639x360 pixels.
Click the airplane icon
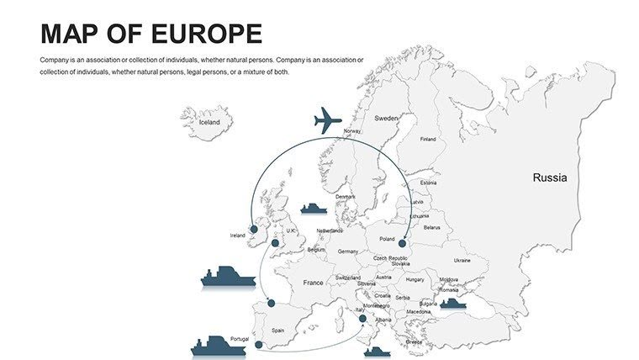tap(328, 121)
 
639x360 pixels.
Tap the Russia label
tap(550, 177)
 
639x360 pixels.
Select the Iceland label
tap(209, 122)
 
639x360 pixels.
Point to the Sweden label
tap(386, 119)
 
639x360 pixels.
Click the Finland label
tap(428, 139)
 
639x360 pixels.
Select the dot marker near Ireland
tap(254, 229)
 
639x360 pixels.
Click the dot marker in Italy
tap(362, 319)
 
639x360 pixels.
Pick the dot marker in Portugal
tap(258, 344)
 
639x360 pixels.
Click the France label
tap(313, 283)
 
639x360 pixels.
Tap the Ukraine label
tap(462, 261)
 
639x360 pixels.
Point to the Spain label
tap(277, 331)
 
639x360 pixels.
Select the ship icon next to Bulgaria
tap(453, 304)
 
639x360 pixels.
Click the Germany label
tap(348, 251)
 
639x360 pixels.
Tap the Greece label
tap(415, 342)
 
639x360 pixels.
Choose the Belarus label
tap(431, 227)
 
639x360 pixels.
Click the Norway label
tap(352, 131)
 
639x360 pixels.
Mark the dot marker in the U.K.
tap(275, 243)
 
